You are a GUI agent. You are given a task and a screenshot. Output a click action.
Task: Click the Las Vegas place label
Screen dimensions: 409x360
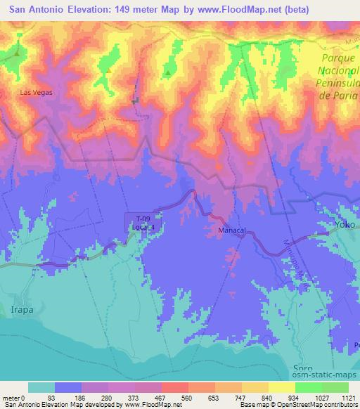click(37, 92)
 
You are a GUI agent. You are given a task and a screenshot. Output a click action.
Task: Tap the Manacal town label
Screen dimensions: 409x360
click(224, 229)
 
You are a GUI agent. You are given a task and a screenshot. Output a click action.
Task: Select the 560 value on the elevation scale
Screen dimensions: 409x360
click(188, 397)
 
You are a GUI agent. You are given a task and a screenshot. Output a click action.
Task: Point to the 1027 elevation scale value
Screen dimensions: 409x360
click(320, 397)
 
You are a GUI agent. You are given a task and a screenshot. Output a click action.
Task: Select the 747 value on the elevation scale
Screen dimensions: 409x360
click(240, 397)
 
